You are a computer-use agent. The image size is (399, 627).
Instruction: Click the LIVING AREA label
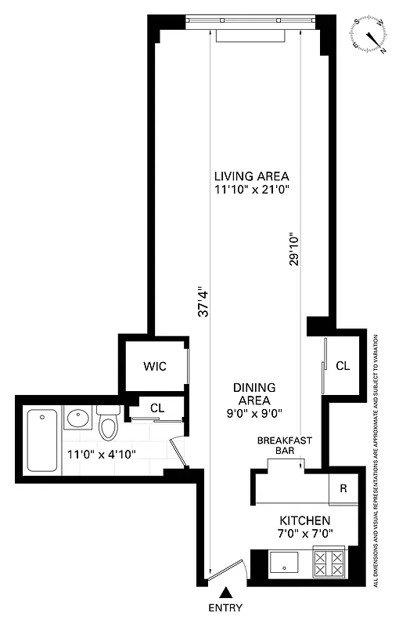click(x=251, y=176)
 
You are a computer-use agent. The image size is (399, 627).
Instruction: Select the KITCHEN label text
click(x=305, y=520)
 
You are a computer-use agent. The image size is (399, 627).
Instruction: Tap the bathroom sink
click(x=77, y=419)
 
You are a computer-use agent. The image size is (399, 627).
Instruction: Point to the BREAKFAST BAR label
click(x=285, y=446)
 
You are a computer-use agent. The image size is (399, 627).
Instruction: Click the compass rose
click(x=369, y=34)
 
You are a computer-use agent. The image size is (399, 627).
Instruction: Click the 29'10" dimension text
click(x=293, y=248)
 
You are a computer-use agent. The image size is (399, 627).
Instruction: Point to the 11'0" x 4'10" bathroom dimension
click(x=101, y=454)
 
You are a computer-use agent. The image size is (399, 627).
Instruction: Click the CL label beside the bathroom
click(x=156, y=408)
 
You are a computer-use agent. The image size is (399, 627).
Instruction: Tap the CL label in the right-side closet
click(x=343, y=366)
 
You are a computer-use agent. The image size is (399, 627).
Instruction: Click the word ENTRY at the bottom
click(x=226, y=608)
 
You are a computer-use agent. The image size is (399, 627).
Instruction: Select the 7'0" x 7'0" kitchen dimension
click(x=305, y=534)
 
